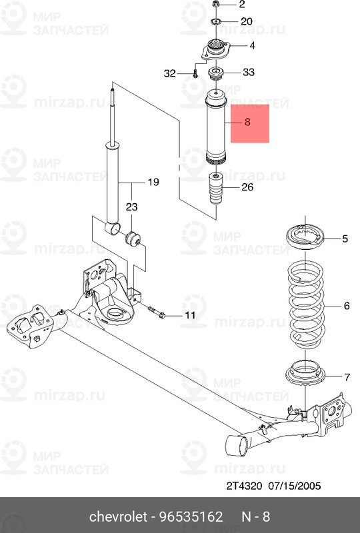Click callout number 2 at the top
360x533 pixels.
(x=241, y=4)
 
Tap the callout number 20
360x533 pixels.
(x=247, y=21)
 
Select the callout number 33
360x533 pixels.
(x=249, y=72)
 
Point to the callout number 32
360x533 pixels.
(x=170, y=73)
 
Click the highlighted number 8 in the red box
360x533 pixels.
(x=247, y=122)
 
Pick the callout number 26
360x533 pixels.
(x=247, y=187)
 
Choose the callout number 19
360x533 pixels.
(x=153, y=182)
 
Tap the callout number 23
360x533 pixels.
(x=132, y=207)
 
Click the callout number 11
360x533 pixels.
(x=190, y=315)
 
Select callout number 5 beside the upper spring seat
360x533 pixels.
(x=345, y=239)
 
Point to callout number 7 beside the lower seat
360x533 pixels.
(x=347, y=377)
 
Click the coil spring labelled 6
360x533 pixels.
(x=305, y=304)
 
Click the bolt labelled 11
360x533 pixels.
(x=157, y=312)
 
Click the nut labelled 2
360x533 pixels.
(x=215, y=4)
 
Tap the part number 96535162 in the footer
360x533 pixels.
(x=191, y=517)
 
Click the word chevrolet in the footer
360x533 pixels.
(x=119, y=517)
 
